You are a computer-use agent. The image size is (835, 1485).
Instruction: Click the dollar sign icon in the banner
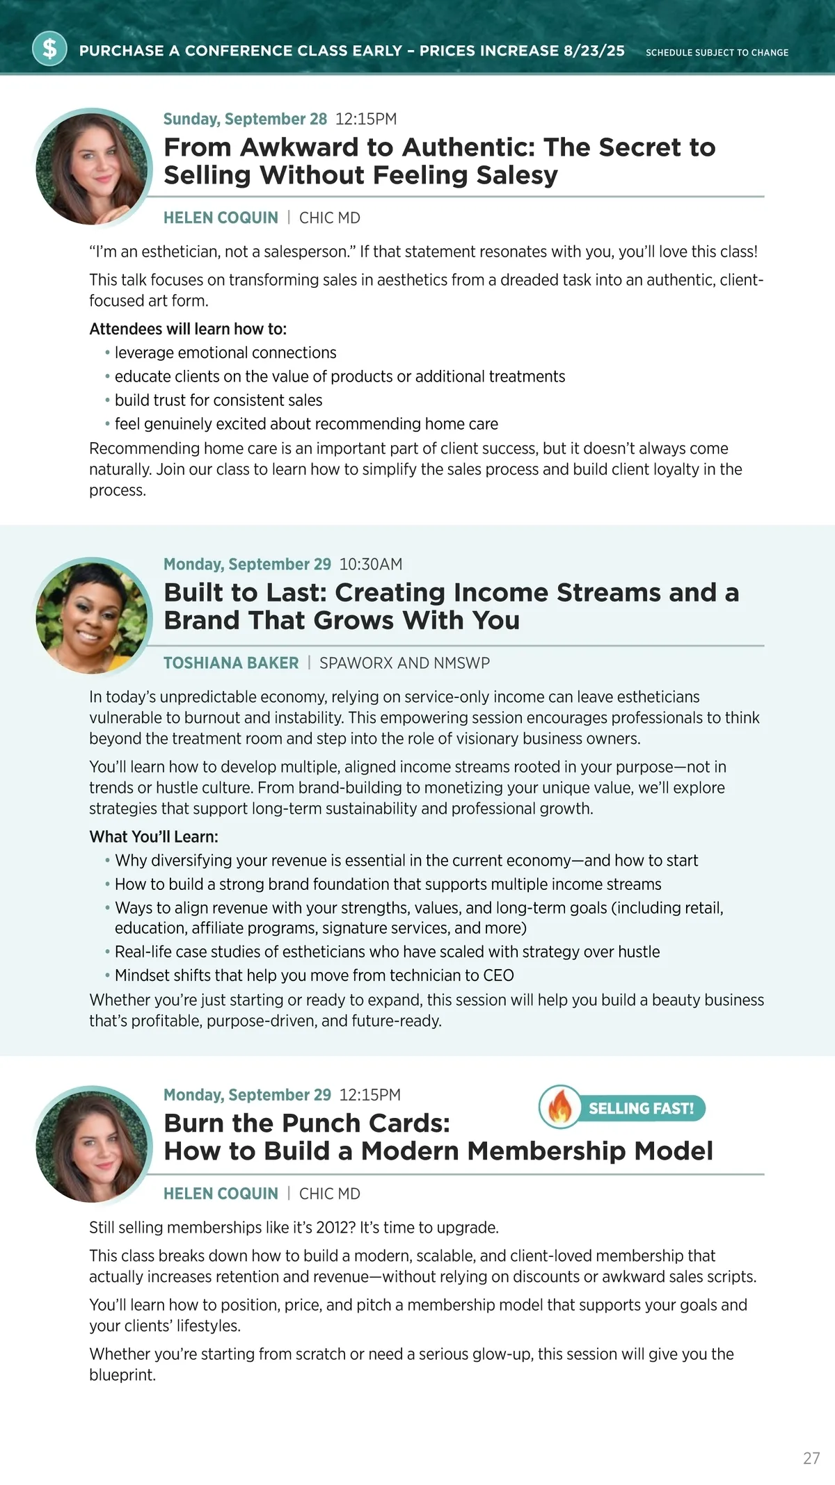(x=49, y=49)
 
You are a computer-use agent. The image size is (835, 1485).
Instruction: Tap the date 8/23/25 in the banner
(x=594, y=51)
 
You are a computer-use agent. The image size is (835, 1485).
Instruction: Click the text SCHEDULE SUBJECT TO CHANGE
(x=717, y=53)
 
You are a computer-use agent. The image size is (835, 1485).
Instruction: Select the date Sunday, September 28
(x=245, y=119)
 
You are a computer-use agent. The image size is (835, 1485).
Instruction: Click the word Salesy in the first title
(x=517, y=175)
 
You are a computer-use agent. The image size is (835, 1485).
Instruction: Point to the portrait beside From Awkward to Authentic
(x=92, y=168)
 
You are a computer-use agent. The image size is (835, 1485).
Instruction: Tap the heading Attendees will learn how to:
(x=188, y=329)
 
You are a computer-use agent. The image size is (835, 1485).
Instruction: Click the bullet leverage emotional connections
(x=225, y=353)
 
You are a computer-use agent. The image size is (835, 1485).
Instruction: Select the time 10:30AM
(x=371, y=565)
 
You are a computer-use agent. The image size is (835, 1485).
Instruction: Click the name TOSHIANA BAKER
(x=231, y=663)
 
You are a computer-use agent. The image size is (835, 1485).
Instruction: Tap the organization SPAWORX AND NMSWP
(x=404, y=663)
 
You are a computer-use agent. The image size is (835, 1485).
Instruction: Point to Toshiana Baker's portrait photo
(x=92, y=617)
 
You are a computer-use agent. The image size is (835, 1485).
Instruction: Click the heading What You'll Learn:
(x=154, y=837)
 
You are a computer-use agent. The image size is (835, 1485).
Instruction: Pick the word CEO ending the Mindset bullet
(x=498, y=975)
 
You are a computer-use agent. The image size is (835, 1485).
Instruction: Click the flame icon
(x=559, y=1107)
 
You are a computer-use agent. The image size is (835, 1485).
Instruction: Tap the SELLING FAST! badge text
(x=641, y=1108)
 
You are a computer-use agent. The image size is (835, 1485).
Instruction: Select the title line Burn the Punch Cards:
(x=307, y=1123)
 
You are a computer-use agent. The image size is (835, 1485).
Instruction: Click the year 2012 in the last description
(x=331, y=1228)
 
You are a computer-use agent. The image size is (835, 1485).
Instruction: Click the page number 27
(x=811, y=1459)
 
